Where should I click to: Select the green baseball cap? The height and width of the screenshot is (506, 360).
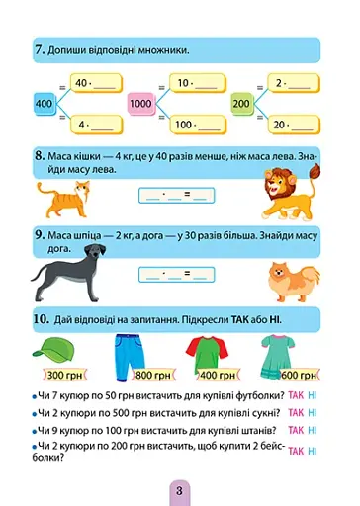point(55,348)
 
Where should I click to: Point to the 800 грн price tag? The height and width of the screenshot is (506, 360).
point(145,377)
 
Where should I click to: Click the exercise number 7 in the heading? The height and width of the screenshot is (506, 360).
point(38,49)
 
